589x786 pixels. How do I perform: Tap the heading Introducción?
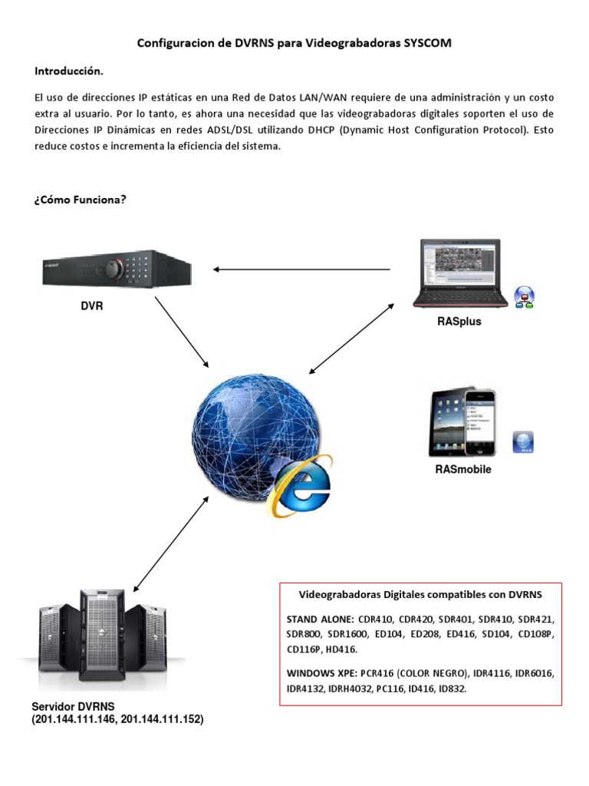click(68, 71)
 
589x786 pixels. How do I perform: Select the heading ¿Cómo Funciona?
click(80, 200)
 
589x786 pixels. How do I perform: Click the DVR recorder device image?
click(116, 269)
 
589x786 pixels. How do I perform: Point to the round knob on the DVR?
click(114, 268)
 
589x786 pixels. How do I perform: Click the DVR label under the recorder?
click(92, 305)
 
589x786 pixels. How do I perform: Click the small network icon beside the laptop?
click(525, 296)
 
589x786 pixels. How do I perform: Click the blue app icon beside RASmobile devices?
click(523, 442)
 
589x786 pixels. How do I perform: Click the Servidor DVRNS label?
click(73, 706)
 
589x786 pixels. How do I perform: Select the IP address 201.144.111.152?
click(163, 719)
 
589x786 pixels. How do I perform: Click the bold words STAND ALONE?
click(318, 619)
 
